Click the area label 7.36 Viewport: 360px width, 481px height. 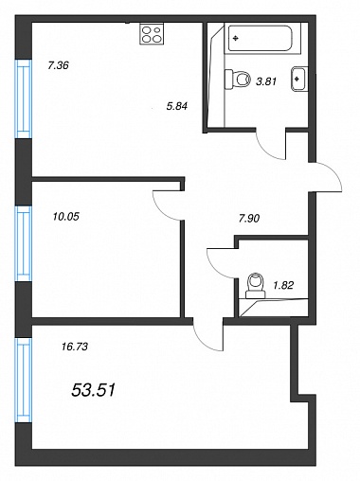point(58,65)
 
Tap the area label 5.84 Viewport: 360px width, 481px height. point(177,106)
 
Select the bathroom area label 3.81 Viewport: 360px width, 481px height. point(266,81)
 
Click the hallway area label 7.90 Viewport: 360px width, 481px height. point(249,218)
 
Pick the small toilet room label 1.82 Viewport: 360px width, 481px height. point(283,285)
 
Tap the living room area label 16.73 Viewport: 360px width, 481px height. point(75,347)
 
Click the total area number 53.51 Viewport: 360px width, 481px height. point(94,390)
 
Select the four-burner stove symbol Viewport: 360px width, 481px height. point(152,34)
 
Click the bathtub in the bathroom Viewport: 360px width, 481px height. point(260,38)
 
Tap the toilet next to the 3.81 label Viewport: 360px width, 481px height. point(238,79)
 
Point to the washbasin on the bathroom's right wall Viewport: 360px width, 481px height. point(299,79)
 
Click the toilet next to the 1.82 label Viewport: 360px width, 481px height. point(257,286)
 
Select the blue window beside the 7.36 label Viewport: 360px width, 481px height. point(24,99)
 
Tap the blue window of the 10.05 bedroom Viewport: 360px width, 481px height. point(24,243)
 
